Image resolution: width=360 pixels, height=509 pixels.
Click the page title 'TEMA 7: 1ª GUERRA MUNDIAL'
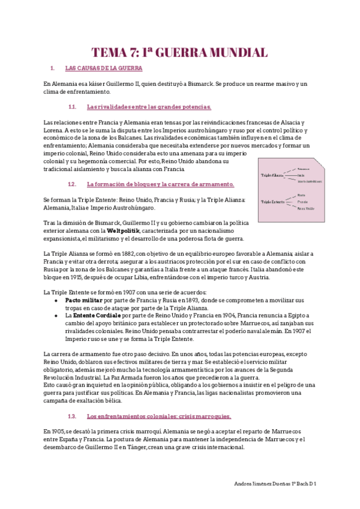179,52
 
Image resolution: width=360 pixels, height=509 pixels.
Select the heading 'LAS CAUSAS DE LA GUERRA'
103,68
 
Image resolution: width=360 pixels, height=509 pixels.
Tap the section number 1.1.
72,107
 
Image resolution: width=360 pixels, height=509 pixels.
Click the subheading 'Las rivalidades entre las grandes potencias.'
149,107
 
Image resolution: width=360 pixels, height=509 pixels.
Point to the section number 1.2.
72,184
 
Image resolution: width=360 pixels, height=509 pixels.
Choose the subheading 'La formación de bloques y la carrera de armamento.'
160,184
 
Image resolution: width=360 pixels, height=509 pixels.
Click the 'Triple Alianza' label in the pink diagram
272,175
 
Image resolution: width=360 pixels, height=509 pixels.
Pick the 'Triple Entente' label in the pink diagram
272,202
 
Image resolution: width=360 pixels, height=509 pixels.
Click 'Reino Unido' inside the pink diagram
305,208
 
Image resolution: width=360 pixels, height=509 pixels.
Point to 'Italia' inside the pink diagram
301,175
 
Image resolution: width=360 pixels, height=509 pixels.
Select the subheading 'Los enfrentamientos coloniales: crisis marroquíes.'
158,416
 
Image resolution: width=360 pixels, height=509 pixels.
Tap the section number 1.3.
72,416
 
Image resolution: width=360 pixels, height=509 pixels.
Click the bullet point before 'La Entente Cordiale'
56,315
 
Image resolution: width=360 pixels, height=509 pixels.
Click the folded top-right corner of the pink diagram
323,161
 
